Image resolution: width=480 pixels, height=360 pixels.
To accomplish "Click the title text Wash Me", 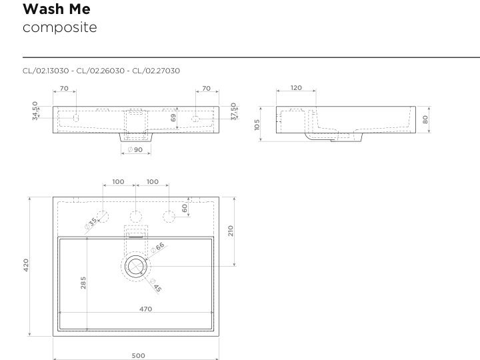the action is coord(57,9).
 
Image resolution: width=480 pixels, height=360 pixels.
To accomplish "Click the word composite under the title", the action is coord(60,27).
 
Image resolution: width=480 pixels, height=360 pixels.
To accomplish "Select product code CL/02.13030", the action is coord(45,71).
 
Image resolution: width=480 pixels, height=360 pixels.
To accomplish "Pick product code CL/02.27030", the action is coord(156,71).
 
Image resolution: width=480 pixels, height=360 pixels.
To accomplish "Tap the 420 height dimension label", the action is coord(26,265).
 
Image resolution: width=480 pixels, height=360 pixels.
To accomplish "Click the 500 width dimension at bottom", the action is coord(139,356).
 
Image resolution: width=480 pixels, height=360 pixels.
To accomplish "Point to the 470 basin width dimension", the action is coord(146,309).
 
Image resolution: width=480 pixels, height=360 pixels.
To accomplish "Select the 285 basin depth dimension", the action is coord(83,283).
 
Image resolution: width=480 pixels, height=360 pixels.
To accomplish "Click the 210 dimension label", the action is coord(231,231).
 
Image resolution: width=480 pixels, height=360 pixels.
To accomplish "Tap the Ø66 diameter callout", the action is coord(157,247).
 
